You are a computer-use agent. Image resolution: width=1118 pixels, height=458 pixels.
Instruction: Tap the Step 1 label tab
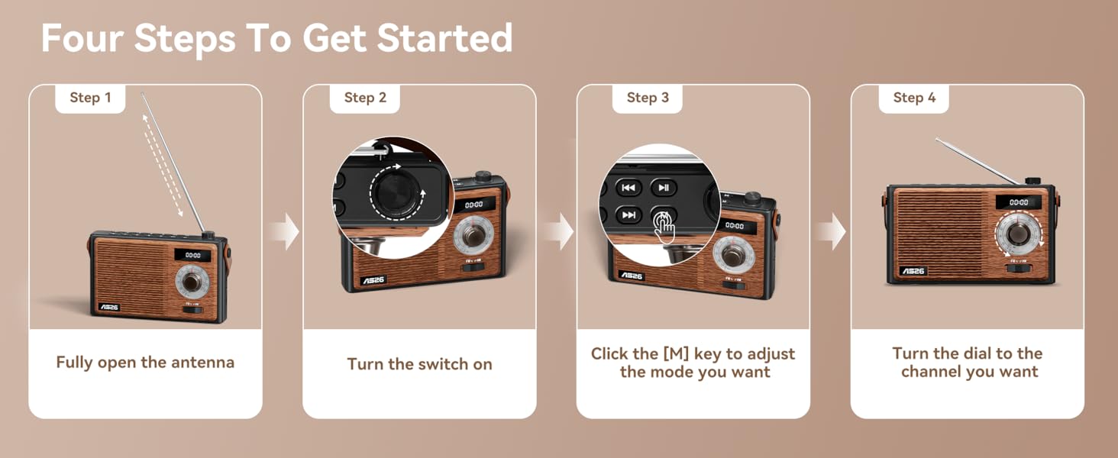point(90,98)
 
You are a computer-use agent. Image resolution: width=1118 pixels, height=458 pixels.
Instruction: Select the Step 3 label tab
point(648,98)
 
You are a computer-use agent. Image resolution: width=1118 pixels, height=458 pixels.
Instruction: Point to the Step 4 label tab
point(914,98)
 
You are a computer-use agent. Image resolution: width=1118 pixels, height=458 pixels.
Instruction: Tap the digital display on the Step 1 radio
point(192,256)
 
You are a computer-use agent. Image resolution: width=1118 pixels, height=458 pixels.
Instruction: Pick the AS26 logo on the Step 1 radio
point(109,307)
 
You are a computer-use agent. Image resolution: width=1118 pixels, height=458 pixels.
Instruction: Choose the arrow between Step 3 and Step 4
point(831,232)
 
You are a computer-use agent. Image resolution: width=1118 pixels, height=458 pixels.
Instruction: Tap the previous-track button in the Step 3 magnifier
point(628,188)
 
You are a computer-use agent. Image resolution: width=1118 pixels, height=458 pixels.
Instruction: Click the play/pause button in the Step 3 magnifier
point(664,188)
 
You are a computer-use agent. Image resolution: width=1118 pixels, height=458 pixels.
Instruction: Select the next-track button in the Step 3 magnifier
point(628,215)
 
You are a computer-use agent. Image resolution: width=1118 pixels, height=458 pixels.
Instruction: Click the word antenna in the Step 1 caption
point(202,363)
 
